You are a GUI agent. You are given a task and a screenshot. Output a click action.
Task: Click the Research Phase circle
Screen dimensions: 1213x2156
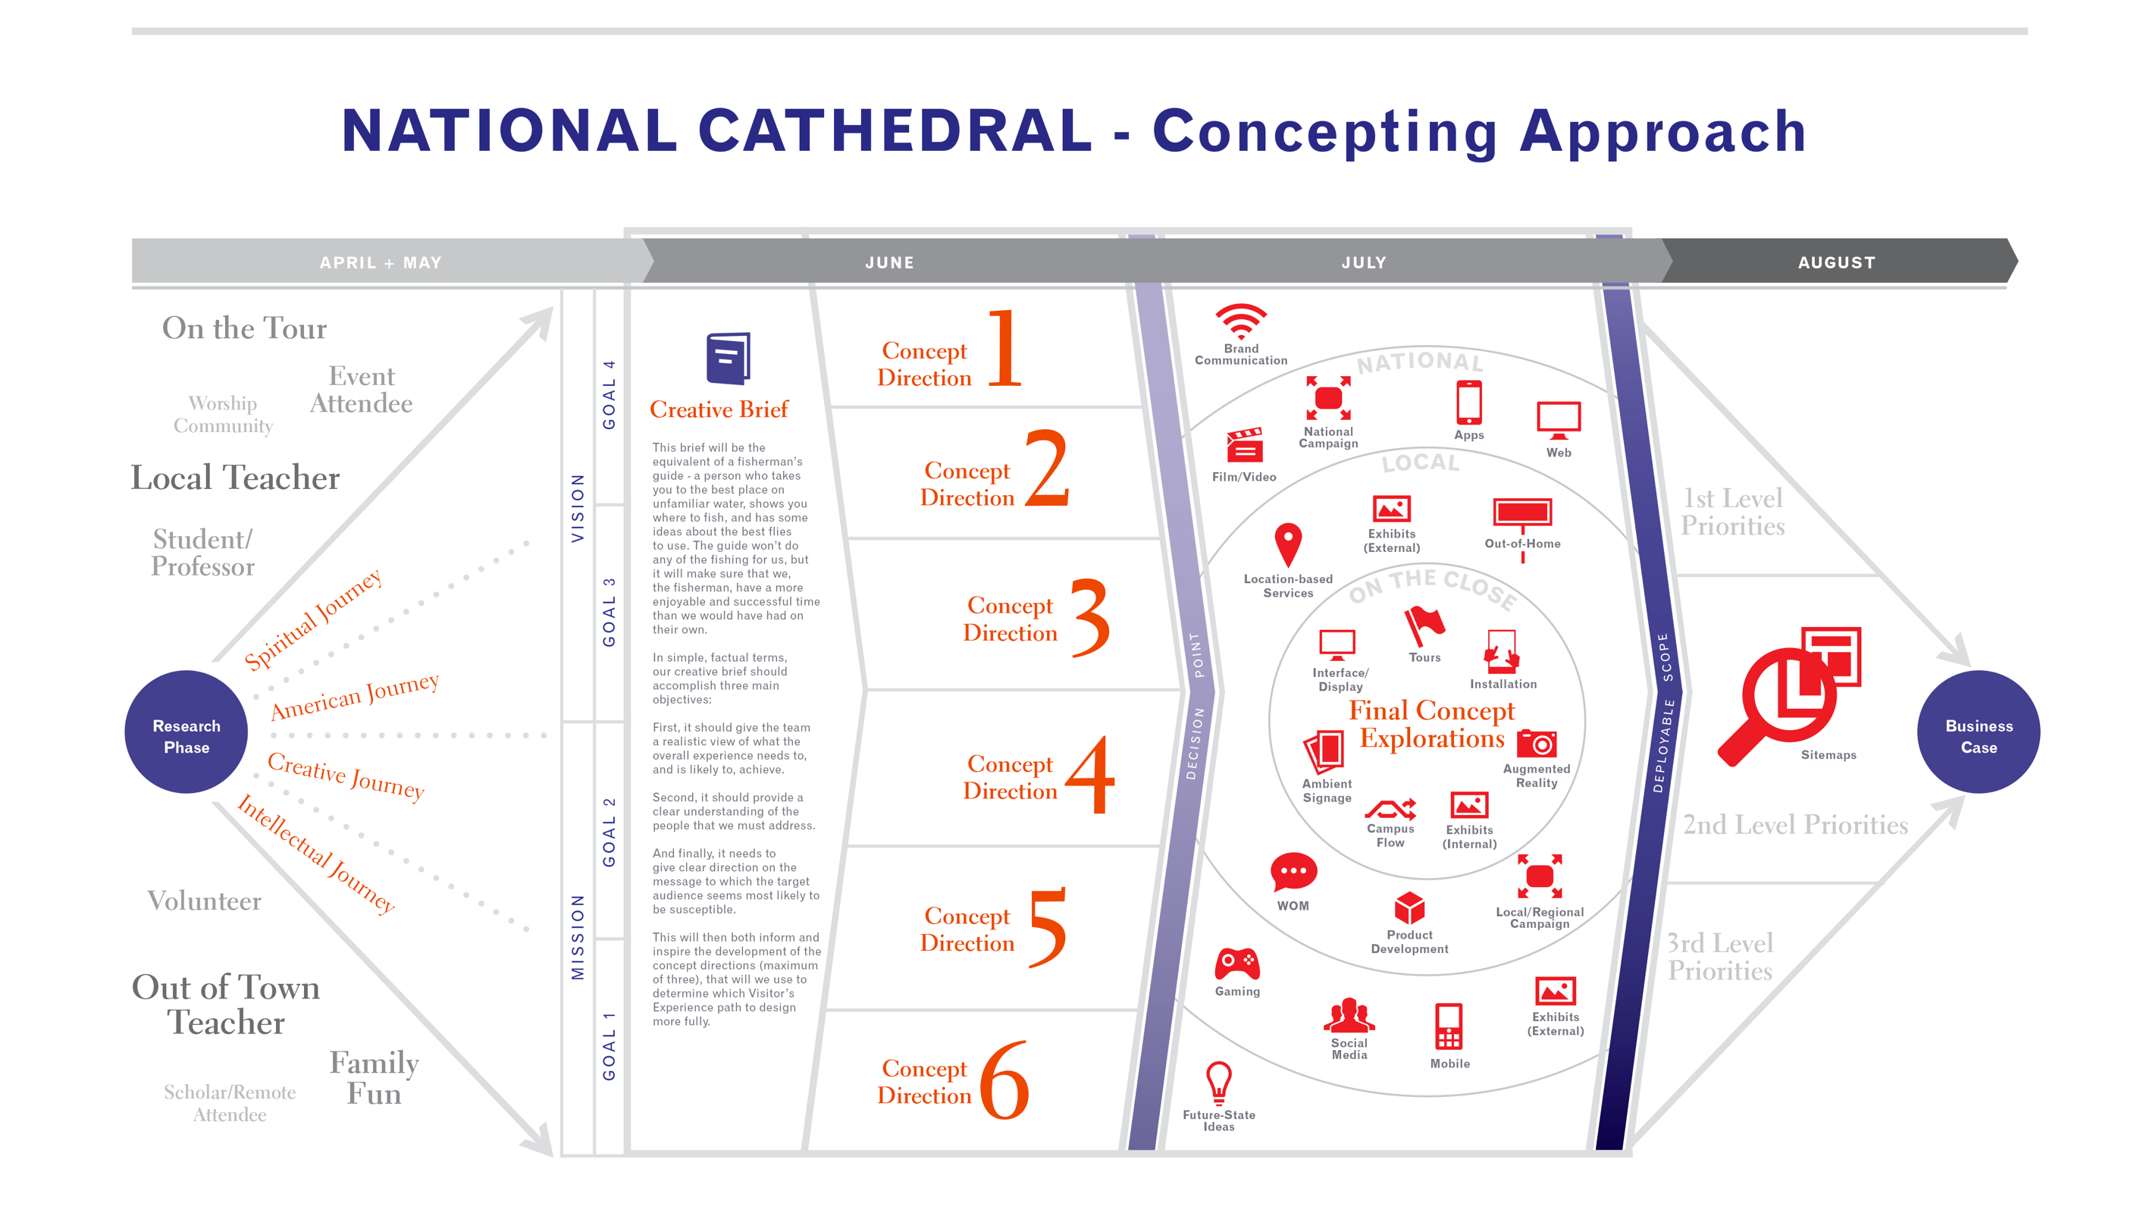[x=186, y=732]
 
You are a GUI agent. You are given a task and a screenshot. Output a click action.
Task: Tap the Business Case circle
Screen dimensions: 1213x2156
[x=1978, y=732]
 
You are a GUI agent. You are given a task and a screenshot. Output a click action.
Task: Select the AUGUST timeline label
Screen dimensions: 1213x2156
[x=1836, y=263]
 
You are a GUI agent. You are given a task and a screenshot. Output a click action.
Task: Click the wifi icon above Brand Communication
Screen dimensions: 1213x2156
[x=1240, y=321]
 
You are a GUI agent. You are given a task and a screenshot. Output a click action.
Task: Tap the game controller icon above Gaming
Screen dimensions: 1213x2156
[x=1237, y=964]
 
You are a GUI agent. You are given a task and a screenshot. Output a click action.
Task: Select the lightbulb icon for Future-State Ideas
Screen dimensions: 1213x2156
[x=1218, y=1083]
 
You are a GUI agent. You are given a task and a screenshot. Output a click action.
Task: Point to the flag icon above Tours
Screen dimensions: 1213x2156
[x=1424, y=626]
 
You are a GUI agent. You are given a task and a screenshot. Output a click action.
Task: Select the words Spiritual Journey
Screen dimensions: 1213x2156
[x=313, y=619]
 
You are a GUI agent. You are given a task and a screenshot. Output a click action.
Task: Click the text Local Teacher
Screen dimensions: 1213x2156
[x=235, y=478]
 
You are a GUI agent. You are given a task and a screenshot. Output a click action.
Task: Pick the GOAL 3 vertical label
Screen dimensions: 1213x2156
[x=610, y=612]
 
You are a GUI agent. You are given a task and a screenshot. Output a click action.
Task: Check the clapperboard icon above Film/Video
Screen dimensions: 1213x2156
[x=1244, y=445]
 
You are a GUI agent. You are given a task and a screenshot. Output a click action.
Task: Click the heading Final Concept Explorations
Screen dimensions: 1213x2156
[x=1431, y=724]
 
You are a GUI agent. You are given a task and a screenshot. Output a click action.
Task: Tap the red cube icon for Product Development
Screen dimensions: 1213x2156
[x=1409, y=908]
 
